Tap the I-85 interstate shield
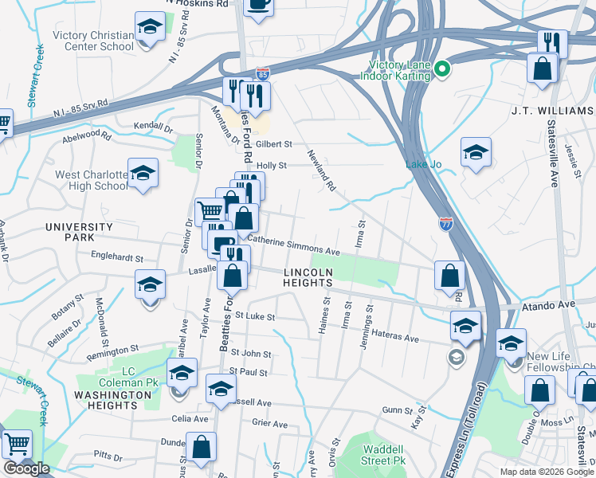pyautogui.click(x=262, y=75)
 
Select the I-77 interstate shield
pyautogui.click(x=446, y=225)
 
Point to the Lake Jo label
pyautogui.click(x=423, y=165)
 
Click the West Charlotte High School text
pyautogui.click(x=90, y=180)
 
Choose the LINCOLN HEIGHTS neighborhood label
pyautogui.click(x=308, y=277)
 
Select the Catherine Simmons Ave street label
pyautogui.click(x=293, y=245)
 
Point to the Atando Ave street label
pyautogui.click(x=548, y=304)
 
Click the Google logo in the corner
pyautogui.click(x=26, y=468)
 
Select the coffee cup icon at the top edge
pyautogui.click(x=258, y=4)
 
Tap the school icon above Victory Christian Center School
pyautogui.click(x=148, y=28)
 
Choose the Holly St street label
pyautogui.click(x=272, y=166)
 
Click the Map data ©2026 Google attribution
pyautogui.click(x=546, y=472)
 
